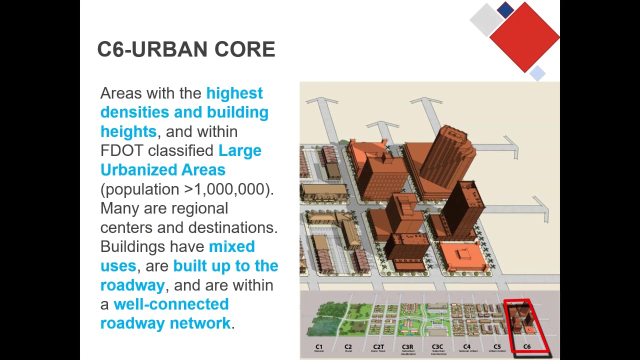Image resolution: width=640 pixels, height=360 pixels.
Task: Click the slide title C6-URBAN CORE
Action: pyautogui.click(x=186, y=49)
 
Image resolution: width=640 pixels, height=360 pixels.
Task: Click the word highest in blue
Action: pyautogui.click(x=234, y=93)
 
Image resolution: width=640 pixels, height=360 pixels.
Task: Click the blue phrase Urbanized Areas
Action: pyautogui.click(x=163, y=170)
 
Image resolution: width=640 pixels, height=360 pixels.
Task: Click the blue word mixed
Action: pyautogui.click(x=231, y=247)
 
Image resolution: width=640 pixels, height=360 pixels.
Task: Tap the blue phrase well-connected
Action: pyautogui.click(x=171, y=304)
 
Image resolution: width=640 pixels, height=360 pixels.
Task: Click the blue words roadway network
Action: pyautogui.click(x=165, y=323)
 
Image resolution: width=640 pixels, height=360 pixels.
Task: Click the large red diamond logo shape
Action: pyautogui.click(x=524, y=37)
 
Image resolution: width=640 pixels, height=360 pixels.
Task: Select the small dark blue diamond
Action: pyautogui.click(x=505, y=10)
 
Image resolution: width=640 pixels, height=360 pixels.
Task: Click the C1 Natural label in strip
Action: pyautogui.click(x=319, y=347)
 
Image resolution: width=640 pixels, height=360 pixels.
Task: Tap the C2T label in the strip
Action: pyautogui.click(x=378, y=347)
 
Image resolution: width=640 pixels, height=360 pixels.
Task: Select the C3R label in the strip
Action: pyautogui.click(x=407, y=347)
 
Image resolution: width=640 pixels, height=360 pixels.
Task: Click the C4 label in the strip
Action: pyautogui.click(x=467, y=347)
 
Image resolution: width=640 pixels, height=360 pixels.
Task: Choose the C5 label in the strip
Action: pyautogui.click(x=497, y=347)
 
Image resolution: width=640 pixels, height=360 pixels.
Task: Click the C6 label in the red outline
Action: pyautogui.click(x=526, y=347)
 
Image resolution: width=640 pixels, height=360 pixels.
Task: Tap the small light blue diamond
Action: pyautogui.click(x=537, y=73)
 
